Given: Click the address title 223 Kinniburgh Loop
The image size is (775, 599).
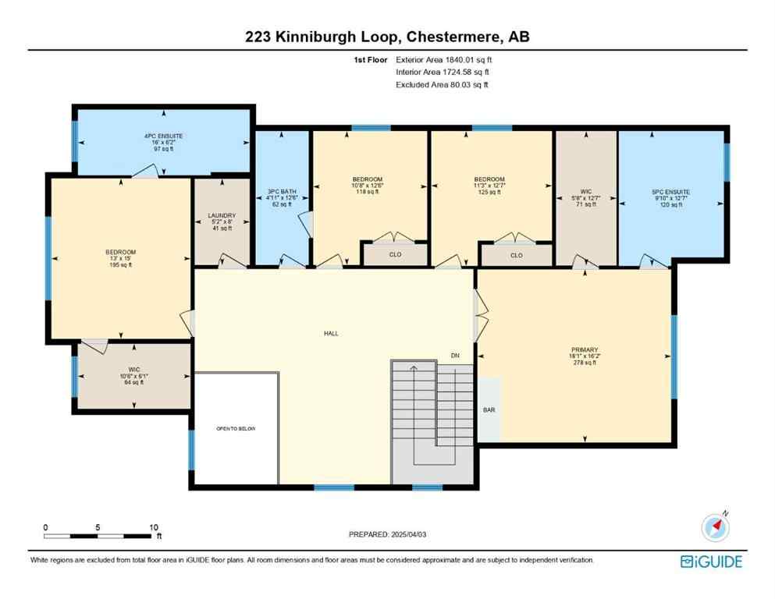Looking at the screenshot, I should click(387, 36).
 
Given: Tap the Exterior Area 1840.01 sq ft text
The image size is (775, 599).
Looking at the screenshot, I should click(444, 59).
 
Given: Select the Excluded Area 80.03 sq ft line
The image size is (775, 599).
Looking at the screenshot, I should click(443, 84).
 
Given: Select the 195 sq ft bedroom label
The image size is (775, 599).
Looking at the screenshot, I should click(120, 258).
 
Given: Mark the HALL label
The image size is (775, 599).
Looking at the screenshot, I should click(332, 333).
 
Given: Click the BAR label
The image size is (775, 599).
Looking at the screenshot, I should click(489, 409).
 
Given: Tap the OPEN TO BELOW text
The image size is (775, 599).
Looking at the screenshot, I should click(236, 429).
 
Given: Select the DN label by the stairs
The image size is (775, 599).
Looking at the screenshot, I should click(455, 356).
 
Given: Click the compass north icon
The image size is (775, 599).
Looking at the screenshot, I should click(714, 528).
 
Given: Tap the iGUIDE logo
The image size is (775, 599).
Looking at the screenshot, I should click(711, 562).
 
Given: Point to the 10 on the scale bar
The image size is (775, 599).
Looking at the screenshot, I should click(154, 527).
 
